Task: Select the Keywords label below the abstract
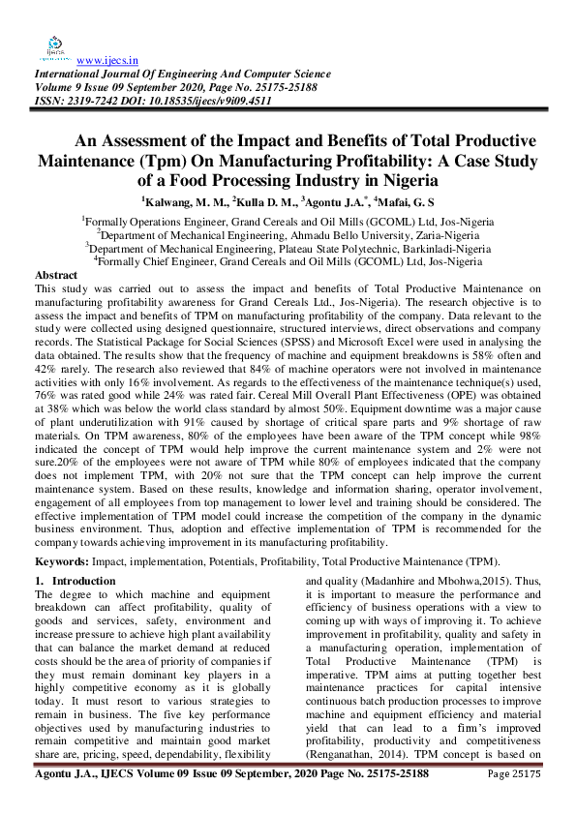(64, 561)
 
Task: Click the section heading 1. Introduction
(76, 580)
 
